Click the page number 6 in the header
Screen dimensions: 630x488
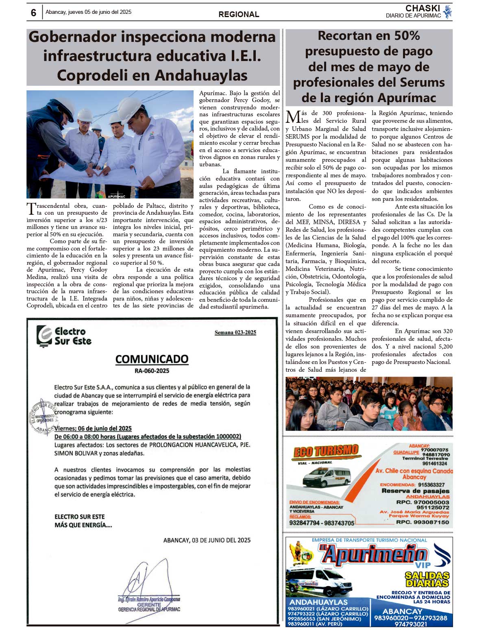33,13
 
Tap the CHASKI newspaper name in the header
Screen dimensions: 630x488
423,9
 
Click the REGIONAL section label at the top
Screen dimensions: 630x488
239,14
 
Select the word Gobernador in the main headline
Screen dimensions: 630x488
72,37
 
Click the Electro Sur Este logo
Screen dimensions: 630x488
64,336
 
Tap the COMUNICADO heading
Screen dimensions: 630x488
152,359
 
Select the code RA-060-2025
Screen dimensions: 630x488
152,371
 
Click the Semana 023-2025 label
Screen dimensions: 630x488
235,333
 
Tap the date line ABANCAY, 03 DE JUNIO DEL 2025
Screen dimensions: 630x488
207,540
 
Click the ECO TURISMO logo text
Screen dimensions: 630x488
326,451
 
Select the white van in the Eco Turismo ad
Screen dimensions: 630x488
327,478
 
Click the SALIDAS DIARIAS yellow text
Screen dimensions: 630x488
427,580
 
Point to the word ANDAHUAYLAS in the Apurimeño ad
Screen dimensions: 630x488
318,602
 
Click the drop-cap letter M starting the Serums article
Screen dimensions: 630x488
293,117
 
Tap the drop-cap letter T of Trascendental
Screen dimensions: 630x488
31,209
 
